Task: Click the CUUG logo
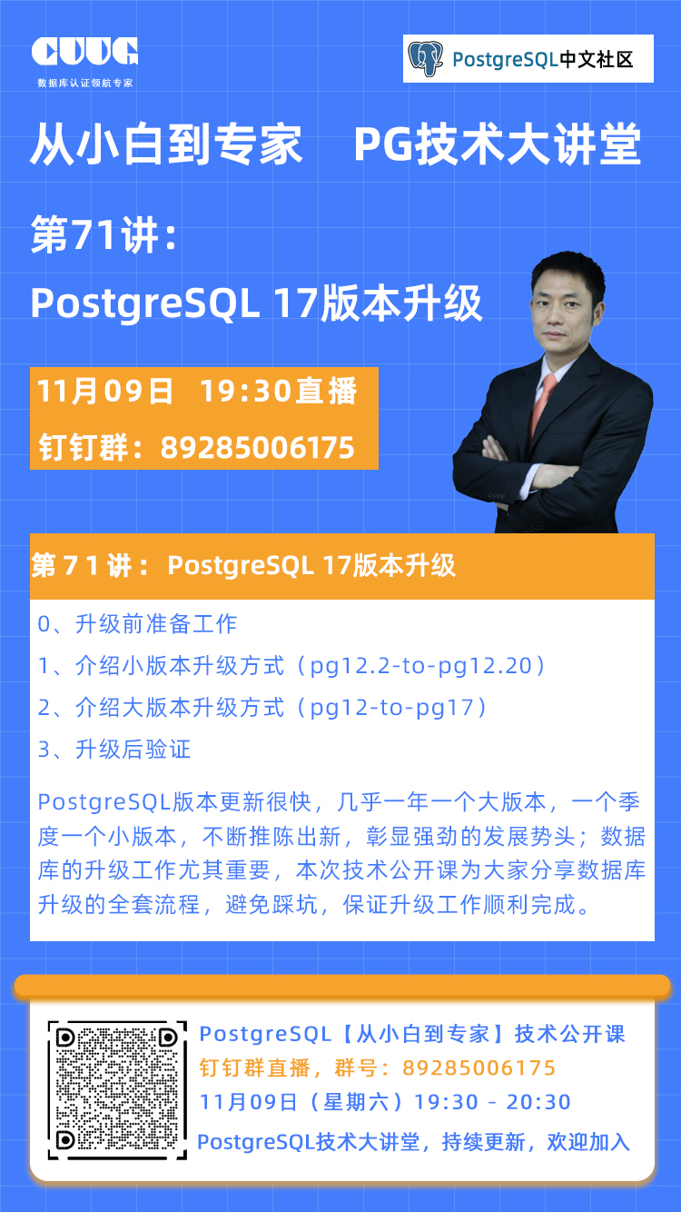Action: tap(84, 52)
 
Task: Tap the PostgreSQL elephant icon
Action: tap(425, 58)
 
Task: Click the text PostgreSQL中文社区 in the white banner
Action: tap(542, 60)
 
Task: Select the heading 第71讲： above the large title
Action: tap(104, 234)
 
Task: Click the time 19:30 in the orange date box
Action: tap(246, 391)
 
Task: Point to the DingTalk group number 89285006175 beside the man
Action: tap(258, 448)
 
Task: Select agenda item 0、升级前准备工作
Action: tap(137, 624)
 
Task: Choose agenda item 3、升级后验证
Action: tap(114, 750)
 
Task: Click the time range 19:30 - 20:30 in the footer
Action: tap(492, 1102)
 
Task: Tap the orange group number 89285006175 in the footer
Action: tap(479, 1068)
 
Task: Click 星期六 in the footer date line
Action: tap(355, 1102)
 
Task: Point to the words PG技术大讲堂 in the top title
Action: tap(497, 144)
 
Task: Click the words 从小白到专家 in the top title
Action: tap(166, 144)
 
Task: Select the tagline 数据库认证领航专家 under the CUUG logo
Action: tap(85, 83)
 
